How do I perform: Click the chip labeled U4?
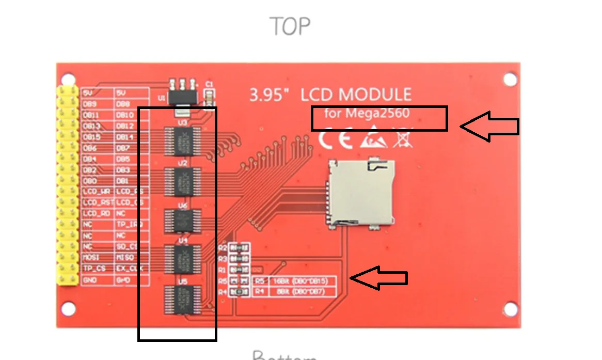point(181,258)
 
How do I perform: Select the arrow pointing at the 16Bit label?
point(378,278)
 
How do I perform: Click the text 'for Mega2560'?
point(367,113)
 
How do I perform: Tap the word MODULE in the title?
point(369,95)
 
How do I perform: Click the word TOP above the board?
point(290,26)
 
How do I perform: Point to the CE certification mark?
point(335,139)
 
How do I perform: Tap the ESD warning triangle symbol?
point(373,139)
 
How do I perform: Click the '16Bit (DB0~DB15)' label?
point(301,281)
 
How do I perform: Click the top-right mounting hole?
point(510,79)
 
